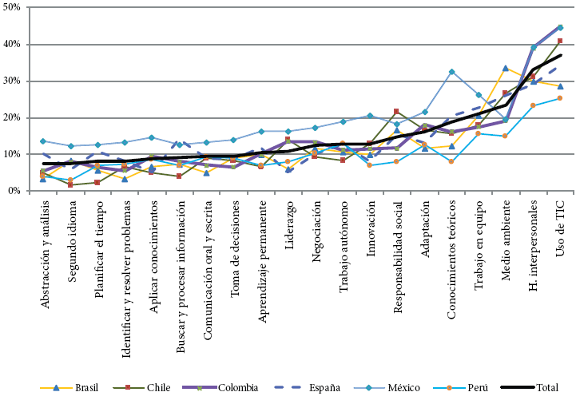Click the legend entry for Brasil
coord(86,388)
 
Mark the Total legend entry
coord(547,388)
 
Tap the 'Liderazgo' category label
coord(289,231)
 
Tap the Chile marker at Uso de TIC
coord(560,41)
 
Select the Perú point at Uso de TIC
coord(560,98)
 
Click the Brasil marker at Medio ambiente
coord(506,68)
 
